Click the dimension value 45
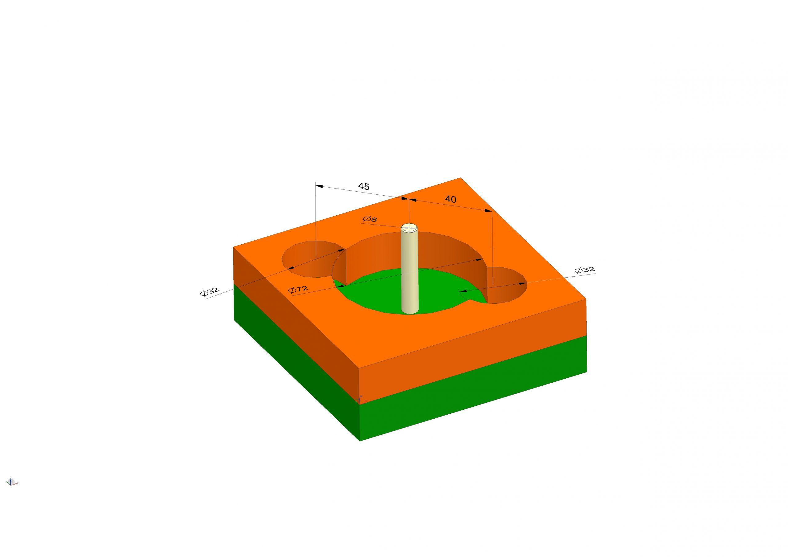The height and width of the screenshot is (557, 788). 364,186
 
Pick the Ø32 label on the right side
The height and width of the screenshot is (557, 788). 585,270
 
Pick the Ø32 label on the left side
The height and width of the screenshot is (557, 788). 209,291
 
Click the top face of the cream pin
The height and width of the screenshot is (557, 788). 410,227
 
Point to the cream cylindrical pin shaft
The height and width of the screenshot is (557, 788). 410,275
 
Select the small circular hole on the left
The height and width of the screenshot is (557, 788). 309,261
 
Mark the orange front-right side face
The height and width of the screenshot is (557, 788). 474,347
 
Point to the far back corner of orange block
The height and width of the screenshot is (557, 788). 460,178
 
